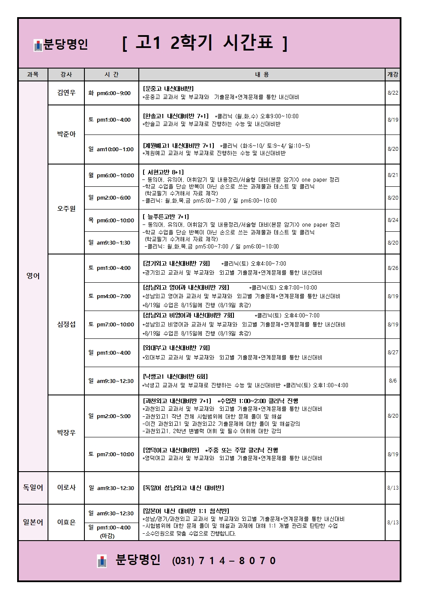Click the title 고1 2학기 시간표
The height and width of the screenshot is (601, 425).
tap(205, 43)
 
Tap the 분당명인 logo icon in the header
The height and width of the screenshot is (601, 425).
tap(38, 45)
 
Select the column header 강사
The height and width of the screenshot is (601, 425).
tap(66, 75)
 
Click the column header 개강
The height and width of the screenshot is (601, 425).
tap(392, 75)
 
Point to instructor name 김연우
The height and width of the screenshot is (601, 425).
tap(66, 93)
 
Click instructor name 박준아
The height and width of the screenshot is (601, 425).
tap(66, 134)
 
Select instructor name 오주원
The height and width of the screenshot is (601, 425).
tap(66, 209)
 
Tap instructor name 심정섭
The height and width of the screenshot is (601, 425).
tap(66, 324)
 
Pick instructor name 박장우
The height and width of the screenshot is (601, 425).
tap(66, 433)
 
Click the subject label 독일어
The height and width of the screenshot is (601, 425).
tap(33, 487)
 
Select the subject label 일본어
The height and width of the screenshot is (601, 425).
tap(33, 522)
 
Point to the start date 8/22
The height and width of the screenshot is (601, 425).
tap(392, 93)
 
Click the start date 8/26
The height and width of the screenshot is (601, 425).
tap(392, 268)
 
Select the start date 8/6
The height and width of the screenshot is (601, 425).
tap(392, 380)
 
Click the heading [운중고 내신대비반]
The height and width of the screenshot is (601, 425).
tap(168, 89)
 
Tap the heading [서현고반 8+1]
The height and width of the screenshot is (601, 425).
tap(163, 172)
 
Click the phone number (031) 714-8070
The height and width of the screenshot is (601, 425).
tap(224, 561)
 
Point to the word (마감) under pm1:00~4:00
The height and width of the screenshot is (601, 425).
tap(107, 536)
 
